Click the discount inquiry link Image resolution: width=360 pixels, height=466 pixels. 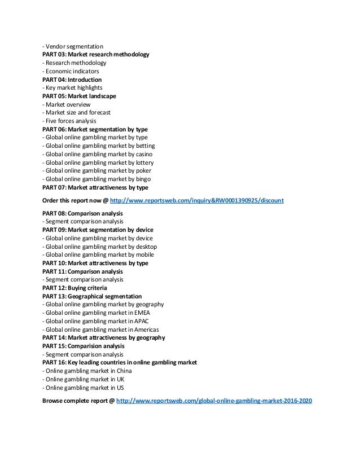tap(197, 200)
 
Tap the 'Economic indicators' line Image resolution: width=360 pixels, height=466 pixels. tap(72, 72)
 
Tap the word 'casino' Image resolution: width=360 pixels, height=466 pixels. tap(141, 154)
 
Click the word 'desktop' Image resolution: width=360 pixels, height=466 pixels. tap(143, 247)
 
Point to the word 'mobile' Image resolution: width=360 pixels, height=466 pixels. tap(142, 255)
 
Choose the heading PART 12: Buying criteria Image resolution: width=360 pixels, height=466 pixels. tap(74, 288)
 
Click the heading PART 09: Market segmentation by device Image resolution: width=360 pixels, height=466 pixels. tap(98, 230)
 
